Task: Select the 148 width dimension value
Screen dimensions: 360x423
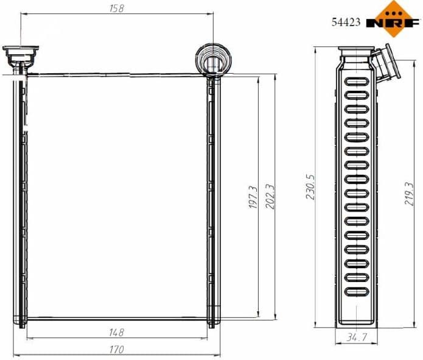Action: pos(116,332)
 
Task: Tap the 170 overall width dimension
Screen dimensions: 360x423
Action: pos(116,350)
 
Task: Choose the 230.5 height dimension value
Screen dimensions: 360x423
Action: pos(310,189)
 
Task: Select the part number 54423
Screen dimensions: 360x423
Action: pos(346,23)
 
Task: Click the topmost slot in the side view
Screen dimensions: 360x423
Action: pos(356,82)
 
